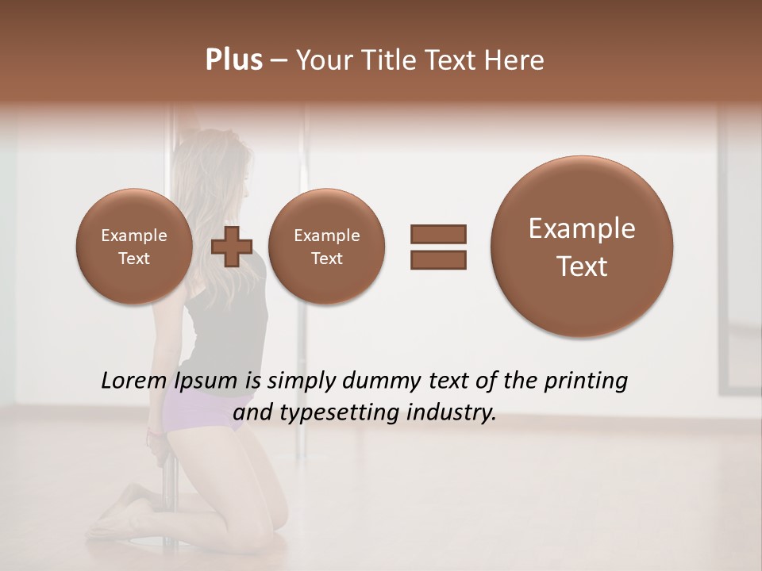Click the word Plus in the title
(233, 60)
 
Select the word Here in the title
(515, 60)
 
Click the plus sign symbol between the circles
(232, 246)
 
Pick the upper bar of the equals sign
(438, 234)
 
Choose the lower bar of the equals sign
(438, 259)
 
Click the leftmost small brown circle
(133, 247)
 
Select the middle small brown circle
(326, 247)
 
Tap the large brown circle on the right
(582, 247)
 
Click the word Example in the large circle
(582, 228)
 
